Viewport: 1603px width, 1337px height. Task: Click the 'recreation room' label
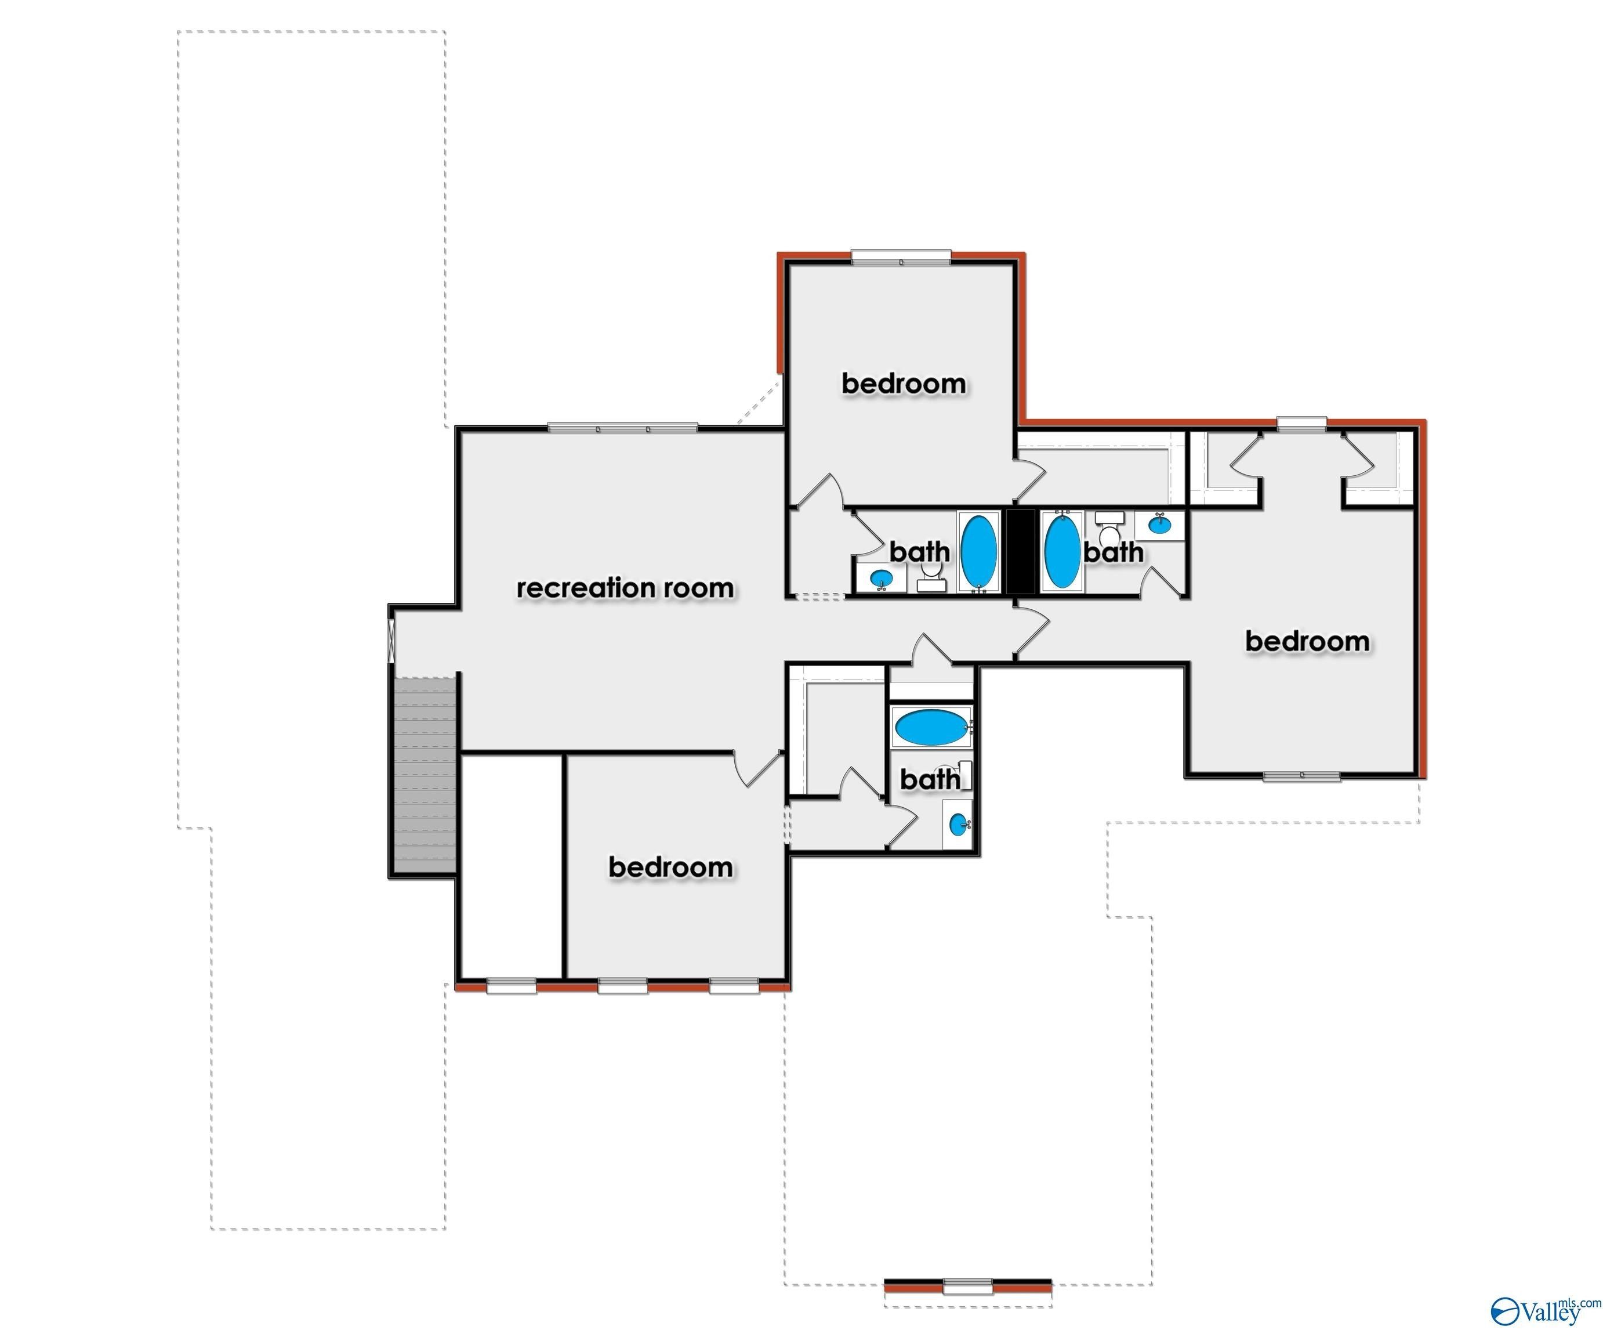click(625, 588)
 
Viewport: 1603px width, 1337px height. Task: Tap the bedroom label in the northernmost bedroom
click(904, 384)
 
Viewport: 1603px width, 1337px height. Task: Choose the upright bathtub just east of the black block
click(1062, 551)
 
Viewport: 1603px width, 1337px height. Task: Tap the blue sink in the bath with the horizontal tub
click(958, 824)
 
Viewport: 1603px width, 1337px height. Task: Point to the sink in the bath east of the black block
click(1159, 525)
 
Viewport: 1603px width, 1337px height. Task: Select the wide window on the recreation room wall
click(622, 427)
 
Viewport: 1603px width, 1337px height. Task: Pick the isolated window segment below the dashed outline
click(968, 1287)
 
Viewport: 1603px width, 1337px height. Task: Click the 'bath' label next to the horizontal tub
click(930, 779)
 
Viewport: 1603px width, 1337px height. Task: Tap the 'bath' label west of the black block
click(920, 551)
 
